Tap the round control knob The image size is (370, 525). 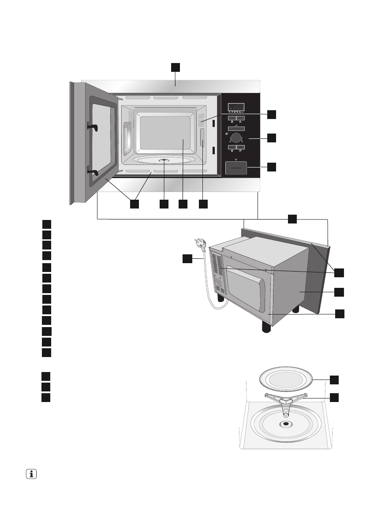(x=236, y=136)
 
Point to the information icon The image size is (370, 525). (x=31, y=474)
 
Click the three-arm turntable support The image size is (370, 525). (x=286, y=399)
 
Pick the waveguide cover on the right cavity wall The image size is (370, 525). (x=202, y=138)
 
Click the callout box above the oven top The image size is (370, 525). (x=176, y=67)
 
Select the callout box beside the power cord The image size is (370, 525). (x=187, y=259)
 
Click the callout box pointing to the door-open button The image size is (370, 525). (x=272, y=167)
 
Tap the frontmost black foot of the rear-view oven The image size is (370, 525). (x=266, y=327)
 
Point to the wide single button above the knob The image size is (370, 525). (x=236, y=127)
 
